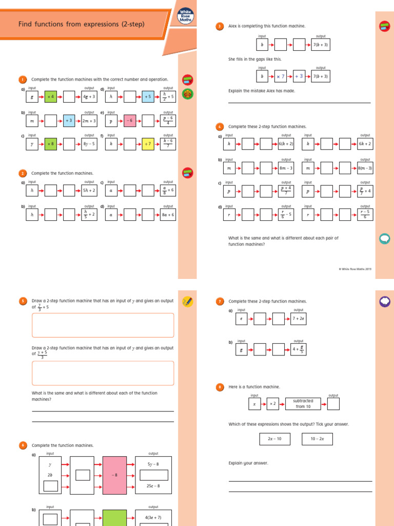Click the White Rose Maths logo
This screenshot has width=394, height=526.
click(185, 19)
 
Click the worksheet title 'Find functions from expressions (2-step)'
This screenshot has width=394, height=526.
click(82, 24)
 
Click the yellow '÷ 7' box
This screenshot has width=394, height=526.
click(148, 144)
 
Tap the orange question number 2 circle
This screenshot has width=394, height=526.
click(23, 174)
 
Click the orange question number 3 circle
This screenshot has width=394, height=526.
click(220, 26)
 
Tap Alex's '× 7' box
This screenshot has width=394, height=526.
click(281, 76)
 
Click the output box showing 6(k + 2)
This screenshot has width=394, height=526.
click(286, 144)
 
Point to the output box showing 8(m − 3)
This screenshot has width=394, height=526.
click(365, 168)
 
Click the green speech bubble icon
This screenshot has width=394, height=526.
click(383, 238)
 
